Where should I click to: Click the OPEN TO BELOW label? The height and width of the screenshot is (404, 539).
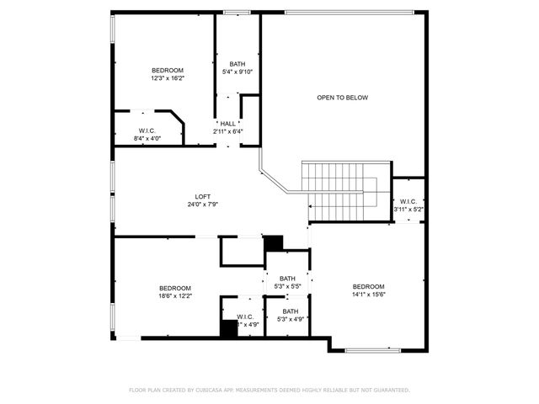click(x=342, y=98)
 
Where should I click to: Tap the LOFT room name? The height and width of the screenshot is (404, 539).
click(x=202, y=196)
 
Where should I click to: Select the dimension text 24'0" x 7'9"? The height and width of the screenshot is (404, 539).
click(x=202, y=205)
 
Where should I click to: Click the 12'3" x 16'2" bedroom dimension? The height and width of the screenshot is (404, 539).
click(x=168, y=78)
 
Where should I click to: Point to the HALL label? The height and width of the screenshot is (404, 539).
click(x=227, y=123)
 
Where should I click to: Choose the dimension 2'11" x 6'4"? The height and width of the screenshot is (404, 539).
click(x=227, y=131)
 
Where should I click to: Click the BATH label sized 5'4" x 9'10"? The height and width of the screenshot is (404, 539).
click(x=237, y=64)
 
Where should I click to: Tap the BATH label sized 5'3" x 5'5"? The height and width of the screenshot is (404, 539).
click(x=287, y=279)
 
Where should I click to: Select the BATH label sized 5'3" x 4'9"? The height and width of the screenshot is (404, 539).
click(x=290, y=311)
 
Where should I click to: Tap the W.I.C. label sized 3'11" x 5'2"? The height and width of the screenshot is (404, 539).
click(x=408, y=201)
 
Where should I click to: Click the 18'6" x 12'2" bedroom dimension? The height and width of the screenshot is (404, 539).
click(x=175, y=296)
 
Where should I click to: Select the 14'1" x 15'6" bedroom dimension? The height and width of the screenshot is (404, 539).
click(x=368, y=295)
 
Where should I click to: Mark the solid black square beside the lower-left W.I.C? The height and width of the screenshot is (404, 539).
click(x=228, y=329)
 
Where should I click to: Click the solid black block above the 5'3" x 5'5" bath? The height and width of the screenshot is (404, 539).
click(x=274, y=243)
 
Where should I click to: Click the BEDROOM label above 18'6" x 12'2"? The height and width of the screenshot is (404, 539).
click(x=175, y=288)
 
